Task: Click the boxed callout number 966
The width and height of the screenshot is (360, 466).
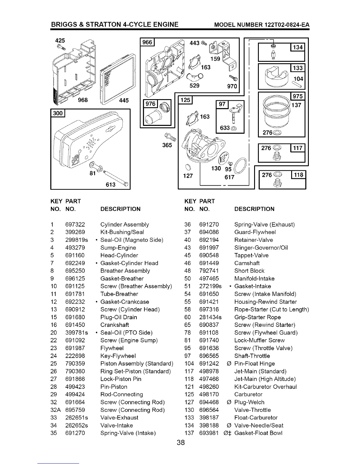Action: (147, 43)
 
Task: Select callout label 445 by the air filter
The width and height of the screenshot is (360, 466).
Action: (124, 100)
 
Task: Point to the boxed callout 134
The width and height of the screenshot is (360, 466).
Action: (298, 47)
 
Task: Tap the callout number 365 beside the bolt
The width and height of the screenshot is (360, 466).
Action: (167, 145)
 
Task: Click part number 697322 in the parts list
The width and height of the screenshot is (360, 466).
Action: (75, 224)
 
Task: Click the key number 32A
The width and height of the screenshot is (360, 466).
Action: (55, 410)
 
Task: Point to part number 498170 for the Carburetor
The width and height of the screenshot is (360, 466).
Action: (209, 394)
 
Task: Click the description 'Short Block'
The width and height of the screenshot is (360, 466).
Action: (249, 271)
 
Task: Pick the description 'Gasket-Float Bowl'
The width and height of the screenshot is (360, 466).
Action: (258, 433)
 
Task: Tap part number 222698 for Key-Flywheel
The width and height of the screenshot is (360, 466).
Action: (75, 356)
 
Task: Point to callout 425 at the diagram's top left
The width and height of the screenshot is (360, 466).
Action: (60, 40)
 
